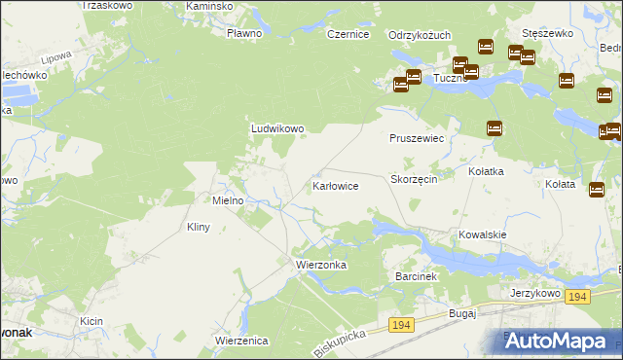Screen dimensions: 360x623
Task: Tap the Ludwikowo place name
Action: tap(278, 128)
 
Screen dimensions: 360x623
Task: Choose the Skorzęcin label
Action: tap(420, 180)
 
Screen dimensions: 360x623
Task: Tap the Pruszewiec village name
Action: tap(417, 139)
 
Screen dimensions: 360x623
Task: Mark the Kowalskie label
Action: tap(483, 234)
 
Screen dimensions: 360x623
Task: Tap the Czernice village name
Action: tap(348, 34)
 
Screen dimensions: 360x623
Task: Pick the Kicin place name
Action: tap(92, 320)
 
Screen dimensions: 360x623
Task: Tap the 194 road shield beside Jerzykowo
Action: tap(578, 296)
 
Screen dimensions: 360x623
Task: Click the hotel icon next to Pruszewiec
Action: tap(494, 127)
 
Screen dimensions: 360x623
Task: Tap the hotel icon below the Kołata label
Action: tap(597, 190)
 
